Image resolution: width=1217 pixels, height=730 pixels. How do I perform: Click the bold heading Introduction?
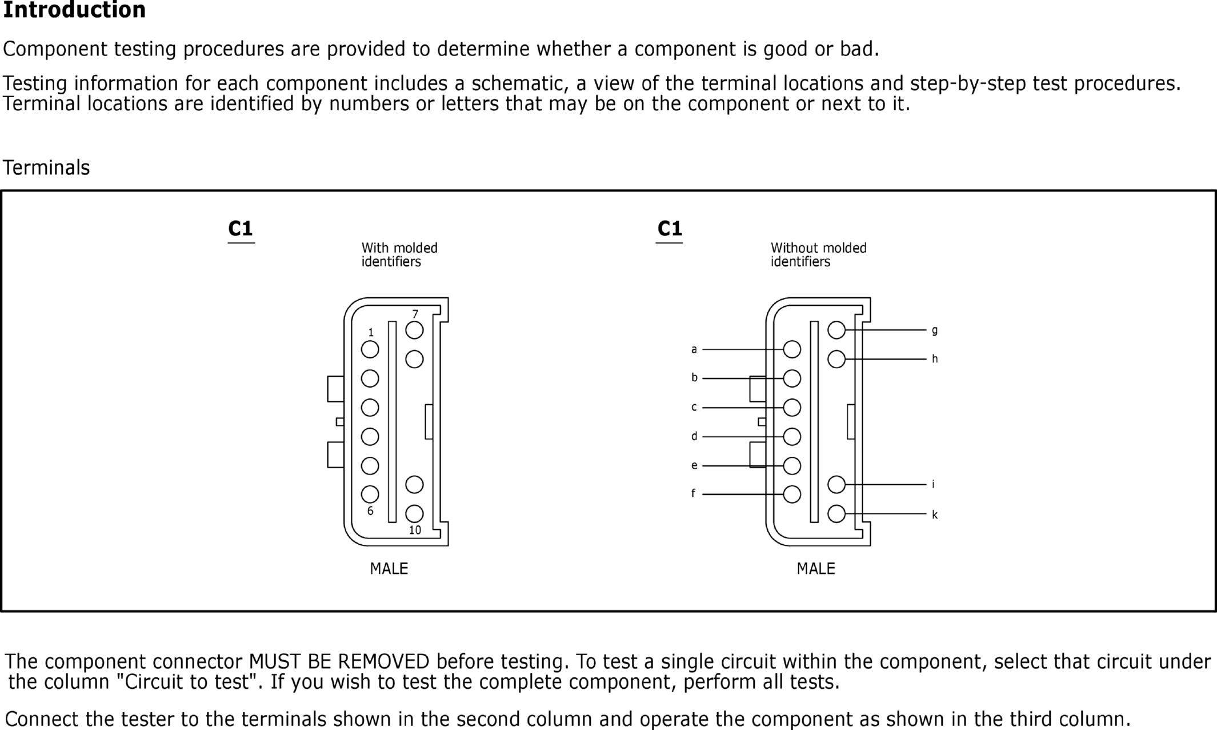pos(74,10)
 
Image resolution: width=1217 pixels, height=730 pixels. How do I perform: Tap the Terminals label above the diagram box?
pos(46,168)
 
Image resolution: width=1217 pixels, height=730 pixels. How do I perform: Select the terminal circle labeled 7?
pos(414,330)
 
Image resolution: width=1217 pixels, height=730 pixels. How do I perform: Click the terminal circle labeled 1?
pos(370,349)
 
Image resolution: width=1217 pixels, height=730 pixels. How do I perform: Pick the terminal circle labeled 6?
pos(370,494)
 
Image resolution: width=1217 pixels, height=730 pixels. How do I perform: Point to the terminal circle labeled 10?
pos(414,513)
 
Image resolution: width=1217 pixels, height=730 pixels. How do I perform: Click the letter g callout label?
pos(935,330)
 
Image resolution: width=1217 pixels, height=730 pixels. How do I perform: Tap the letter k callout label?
pos(935,515)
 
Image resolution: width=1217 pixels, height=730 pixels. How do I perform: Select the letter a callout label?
pos(694,349)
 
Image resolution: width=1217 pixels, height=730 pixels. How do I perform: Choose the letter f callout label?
pos(694,493)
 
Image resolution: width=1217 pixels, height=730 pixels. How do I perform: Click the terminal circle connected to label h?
pos(836,359)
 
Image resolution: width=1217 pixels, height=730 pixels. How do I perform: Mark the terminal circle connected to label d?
pos(792,437)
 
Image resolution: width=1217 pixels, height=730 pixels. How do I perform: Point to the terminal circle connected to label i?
pos(836,485)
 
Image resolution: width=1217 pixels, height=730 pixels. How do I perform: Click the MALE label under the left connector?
pos(389,569)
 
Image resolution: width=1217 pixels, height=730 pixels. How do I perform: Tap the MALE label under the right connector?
pos(816,569)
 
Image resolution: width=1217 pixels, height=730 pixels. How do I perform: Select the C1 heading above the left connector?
pos(241,229)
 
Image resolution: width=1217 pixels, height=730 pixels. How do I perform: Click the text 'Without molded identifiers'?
pos(818,255)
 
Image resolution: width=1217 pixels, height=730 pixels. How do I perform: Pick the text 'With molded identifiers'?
pos(399,255)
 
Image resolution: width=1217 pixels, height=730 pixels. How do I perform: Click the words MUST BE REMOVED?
pos(339,661)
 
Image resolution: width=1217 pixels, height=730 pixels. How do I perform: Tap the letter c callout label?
pos(694,408)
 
